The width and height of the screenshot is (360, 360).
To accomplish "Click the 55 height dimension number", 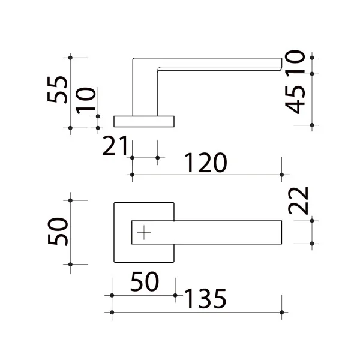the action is pos(58,89).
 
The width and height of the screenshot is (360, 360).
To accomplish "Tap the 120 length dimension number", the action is pos(206,163).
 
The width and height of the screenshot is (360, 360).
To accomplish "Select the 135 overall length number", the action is pos(205,298).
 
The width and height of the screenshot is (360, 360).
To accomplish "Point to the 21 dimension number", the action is pos(115,146).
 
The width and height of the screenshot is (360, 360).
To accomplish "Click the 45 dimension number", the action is pos(295,100).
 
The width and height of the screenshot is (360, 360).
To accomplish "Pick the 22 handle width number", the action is pos(298,201).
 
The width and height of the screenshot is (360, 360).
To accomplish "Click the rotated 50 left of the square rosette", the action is pos(58,232).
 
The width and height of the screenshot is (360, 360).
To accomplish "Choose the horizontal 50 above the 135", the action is pos(145,281).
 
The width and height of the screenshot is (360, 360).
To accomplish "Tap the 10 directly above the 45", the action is pos(295,62).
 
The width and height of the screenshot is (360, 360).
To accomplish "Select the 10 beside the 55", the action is pos(85,101).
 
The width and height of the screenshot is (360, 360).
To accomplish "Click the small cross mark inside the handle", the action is pos(144,232).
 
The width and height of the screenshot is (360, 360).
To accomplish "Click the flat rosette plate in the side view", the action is pos(144,121).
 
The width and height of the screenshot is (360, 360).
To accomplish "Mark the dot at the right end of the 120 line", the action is pos(282,175).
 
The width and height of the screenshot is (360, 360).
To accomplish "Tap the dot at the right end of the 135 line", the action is pos(282,312).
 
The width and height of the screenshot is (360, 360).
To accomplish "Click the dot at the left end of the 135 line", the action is pos(112,312).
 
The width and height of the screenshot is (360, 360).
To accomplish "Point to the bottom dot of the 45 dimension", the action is pos(312,125).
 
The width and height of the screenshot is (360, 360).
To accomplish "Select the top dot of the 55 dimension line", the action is pos(70,58).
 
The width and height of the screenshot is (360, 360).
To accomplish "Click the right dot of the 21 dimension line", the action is pos(157,158).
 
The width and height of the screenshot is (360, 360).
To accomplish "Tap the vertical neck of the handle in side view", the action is pos(145,92).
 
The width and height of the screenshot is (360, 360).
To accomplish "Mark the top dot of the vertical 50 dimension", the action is pos(70,200).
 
